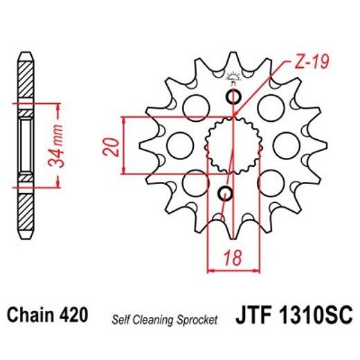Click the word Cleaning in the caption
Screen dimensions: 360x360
pos(156,320)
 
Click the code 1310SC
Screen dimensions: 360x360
pos(323,317)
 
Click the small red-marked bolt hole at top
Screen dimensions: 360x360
pos(233,96)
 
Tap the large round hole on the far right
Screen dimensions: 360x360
pos(285,146)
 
